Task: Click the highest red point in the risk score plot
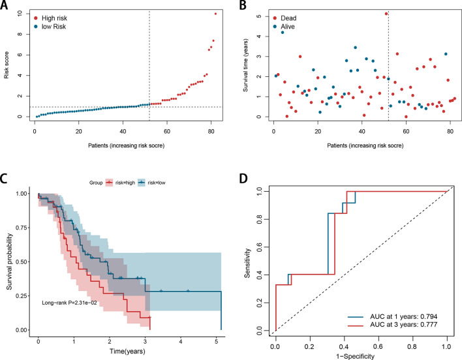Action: pos(215,14)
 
